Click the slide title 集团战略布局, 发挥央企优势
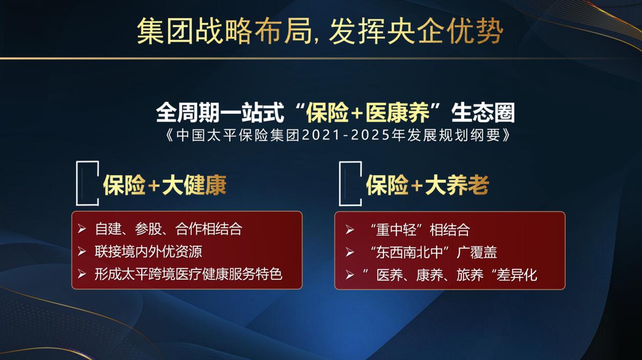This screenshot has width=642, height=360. tap(320, 31)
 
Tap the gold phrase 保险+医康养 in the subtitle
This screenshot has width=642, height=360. tap(368, 113)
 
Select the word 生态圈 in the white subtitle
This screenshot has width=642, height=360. tap(483, 113)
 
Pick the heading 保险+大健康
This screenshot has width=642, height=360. tap(165, 185)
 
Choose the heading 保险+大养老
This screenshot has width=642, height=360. tap(427, 185)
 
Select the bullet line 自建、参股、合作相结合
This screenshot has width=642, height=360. tap(168, 229)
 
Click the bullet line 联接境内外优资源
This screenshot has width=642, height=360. tap(148, 251)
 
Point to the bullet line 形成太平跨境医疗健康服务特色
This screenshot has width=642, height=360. tap(188, 274)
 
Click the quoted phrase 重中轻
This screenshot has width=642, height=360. tap(397, 229)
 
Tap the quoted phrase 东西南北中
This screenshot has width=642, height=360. tap(411, 252)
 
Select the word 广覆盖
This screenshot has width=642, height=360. tap(477, 252)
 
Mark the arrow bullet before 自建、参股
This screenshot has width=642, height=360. tap(82, 229)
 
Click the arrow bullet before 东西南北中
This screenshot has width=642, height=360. tap(349, 252)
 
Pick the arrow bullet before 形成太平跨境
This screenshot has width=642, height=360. tap(82, 274)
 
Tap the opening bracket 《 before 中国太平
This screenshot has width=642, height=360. tap(170, 135)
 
